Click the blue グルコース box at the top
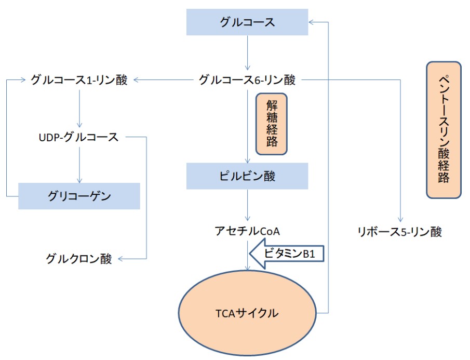[247, 22]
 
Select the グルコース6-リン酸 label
[247, 80]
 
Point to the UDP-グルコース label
[78, 138]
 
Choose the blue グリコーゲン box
[79, 196]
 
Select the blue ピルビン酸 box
[247, 176]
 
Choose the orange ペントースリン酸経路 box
[444, 130]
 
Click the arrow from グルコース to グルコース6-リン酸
[247, 52]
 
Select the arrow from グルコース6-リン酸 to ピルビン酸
[247, 125]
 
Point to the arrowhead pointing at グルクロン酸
[120, 258]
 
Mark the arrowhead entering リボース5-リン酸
[400, 219]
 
